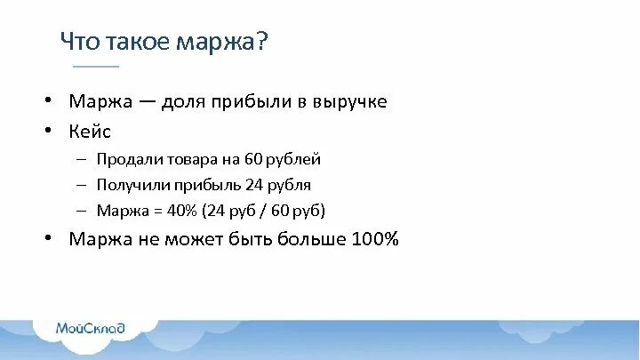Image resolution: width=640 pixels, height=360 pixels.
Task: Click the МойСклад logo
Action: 91,328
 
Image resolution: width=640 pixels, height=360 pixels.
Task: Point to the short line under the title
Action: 95,66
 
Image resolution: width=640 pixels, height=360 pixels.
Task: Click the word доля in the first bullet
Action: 184,101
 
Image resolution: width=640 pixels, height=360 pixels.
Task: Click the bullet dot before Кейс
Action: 53,130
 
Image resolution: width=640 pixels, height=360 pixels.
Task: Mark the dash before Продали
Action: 81,160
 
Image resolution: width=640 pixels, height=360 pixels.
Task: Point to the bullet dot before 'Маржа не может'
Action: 53,238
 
